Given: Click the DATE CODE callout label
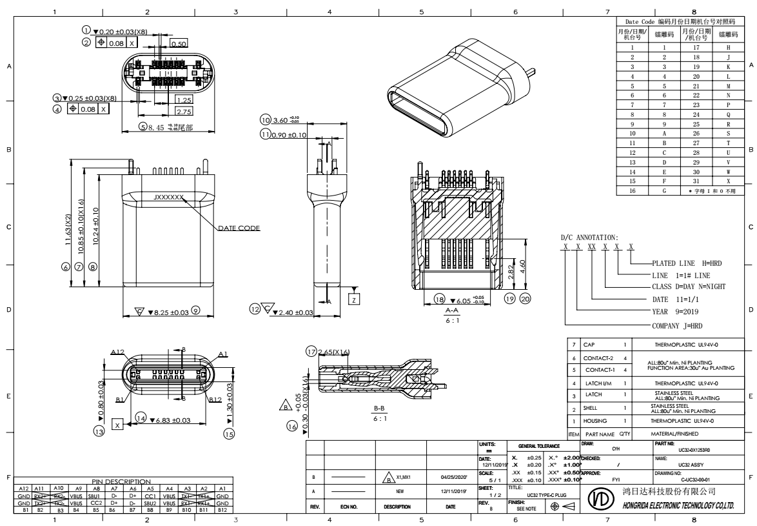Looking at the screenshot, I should tap(239, 228).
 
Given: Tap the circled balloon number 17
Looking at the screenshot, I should tap(311, 351).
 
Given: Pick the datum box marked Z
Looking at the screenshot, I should tap(353, 298).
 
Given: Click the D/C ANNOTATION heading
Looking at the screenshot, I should tap(589, 238).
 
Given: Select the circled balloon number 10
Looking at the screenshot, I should tap(264, 120).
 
